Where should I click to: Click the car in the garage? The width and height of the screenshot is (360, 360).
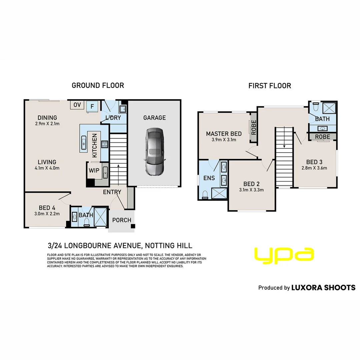(x=155, y=152)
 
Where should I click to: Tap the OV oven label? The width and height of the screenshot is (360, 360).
(x=77, y=105)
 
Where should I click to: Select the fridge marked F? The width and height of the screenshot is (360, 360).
(x=92, y=106)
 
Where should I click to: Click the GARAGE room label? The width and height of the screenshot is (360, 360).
(x=155, y=118)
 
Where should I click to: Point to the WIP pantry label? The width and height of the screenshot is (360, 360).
(x=94, y=170)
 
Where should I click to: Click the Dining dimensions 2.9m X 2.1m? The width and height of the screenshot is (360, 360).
(x=47, y=124)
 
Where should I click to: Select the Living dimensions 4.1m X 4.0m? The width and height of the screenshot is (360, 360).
(x=47, y=168)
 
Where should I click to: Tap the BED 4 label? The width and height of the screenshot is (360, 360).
(x=47, y=208)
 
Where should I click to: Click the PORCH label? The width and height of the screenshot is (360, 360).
(x=122, y=220)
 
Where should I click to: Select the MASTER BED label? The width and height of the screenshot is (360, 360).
(x=224, y=134)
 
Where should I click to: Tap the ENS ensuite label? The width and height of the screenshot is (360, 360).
(x=209, y=178)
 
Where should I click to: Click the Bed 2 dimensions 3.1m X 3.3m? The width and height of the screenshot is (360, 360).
(x=251, y=190)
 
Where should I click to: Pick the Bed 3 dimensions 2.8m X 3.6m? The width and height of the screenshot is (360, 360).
(x=314, y=168)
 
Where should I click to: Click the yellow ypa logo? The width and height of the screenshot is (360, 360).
(x=284, y=255)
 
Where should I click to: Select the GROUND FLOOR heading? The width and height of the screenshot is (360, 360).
(x=98, y=85)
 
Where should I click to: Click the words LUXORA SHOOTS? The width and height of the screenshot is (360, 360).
(x=323, y=288)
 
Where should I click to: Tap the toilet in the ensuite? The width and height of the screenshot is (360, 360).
(x=205, y=194)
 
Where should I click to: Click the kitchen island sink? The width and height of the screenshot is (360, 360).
(x=84, y=143)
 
